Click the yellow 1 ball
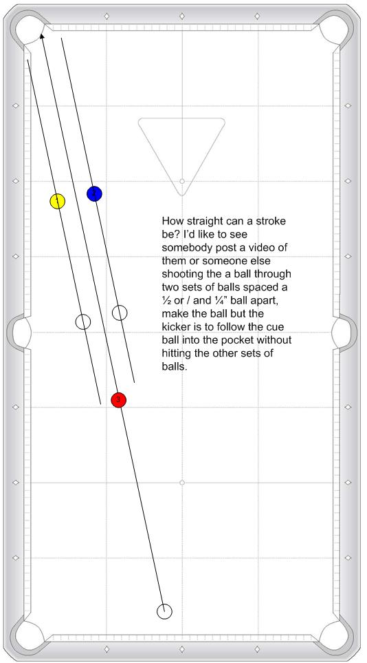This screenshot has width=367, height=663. [x=58, y=201]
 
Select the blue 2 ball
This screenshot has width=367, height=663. [x=94, y=193]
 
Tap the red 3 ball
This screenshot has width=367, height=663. [x=119, y=399]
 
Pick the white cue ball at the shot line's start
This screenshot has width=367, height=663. [x=164, y=611]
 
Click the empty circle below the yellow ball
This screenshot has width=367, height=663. [x=83, y=322]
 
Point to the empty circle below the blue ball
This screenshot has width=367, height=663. [x=120, y=313]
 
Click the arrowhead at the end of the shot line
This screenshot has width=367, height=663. [x=42, y=36]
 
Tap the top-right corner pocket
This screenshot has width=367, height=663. [x=335, y=27]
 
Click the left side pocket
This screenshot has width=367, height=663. [x=20, y=333]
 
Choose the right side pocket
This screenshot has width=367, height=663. [x=342, y=333]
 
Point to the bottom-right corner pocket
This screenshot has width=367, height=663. [x=335, y=635]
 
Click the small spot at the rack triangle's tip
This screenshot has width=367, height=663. [x=182, y=181]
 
